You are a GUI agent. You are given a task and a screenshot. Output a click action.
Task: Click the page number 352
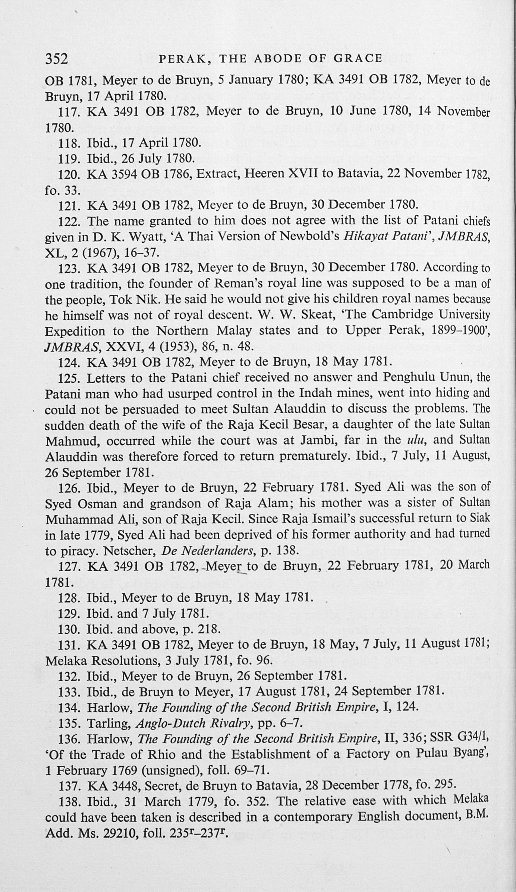56,59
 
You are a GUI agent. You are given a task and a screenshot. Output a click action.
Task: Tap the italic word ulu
414,440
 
